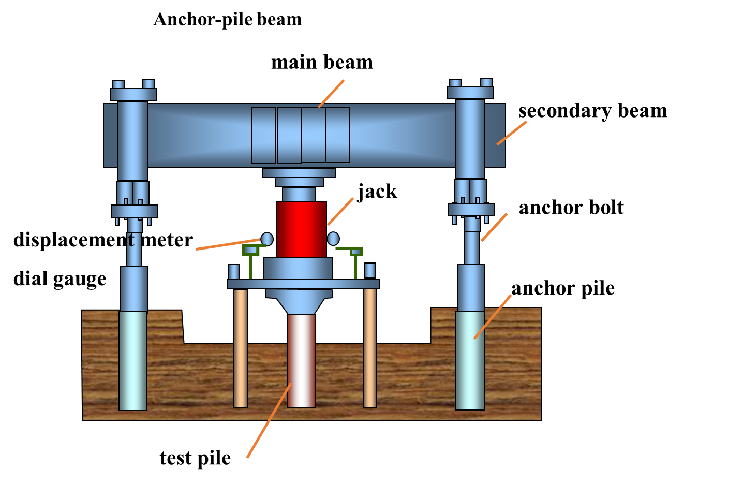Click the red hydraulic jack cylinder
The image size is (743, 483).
(301, 229)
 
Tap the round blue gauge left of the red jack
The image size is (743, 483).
(267, 239)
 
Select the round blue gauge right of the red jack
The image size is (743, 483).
(333, 239)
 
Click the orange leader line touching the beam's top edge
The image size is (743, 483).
(331, 94)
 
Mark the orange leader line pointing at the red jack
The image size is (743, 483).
(340, 211)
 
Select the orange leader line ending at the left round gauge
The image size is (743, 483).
(228, 244)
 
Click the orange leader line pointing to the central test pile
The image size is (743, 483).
(269, 420)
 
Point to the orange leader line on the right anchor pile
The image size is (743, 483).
(493, 317)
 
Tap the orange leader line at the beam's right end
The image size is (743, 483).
(512, 133)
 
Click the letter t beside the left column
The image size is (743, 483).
(131, 240)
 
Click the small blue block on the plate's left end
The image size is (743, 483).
(234, 272)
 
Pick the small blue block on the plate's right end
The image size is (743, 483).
(370, 271)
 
